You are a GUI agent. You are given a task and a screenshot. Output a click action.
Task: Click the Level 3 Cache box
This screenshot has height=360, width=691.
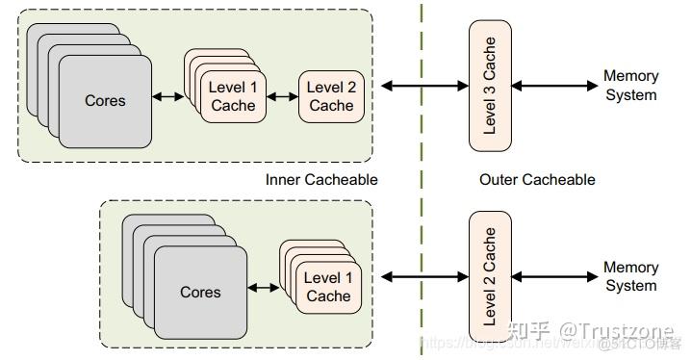click(x=490, y=86)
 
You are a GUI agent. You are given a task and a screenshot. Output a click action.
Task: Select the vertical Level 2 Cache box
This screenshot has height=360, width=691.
click(x=490, y=276)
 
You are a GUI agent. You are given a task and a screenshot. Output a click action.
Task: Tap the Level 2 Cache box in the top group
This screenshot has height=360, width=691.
click(x=331, y=96)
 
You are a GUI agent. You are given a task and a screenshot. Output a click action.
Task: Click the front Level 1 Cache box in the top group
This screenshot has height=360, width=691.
click(x=233, y=96)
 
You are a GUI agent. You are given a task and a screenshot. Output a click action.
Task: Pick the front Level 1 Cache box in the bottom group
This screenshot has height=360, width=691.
click(x=328, y=287)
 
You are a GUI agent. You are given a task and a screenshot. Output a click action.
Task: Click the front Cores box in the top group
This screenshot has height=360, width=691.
click(x=105, y=101)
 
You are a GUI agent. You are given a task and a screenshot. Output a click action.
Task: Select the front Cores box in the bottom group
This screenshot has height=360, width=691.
click(x=200, y=292)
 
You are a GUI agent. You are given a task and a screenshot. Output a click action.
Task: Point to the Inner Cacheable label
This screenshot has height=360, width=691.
click(x=320, y=180)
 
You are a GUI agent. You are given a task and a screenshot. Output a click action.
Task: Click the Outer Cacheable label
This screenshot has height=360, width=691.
click(x=537, y=180)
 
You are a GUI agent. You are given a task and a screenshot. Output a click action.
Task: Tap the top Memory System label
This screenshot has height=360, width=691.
click(x=630, y=86)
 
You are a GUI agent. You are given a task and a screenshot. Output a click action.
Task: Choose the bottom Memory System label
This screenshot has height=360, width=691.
click(x=630, y=276)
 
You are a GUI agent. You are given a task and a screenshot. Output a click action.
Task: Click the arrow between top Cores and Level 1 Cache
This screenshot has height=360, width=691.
click(x=168, y=96)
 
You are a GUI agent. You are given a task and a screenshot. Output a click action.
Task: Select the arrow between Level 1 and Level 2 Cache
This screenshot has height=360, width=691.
click(x=281, y=96)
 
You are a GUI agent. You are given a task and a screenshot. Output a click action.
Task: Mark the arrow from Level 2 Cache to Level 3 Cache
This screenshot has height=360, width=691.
click(x=423, y=86)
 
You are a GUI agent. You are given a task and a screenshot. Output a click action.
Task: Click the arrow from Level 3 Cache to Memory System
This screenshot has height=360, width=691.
click(x=554, y=86)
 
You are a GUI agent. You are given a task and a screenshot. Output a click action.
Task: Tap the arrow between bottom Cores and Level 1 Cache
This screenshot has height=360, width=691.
click(x=264, y=287)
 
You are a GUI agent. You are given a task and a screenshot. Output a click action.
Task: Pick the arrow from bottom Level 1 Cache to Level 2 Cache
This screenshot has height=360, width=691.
click(x=423, y=276)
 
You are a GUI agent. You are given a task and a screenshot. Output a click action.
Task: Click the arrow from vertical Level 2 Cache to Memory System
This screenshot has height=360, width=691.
click(x=554, y=276)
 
